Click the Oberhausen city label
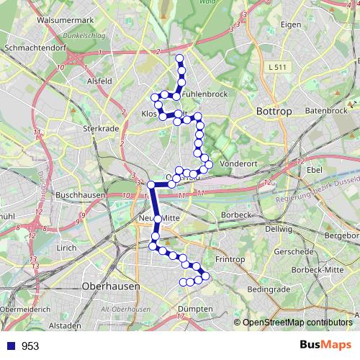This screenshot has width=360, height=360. coord(112,286)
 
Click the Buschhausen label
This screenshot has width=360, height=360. coord(81,194)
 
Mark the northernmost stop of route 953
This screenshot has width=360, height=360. coord(179,58)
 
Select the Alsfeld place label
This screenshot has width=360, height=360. coord(98,81)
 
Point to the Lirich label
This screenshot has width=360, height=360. coord(66,248)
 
